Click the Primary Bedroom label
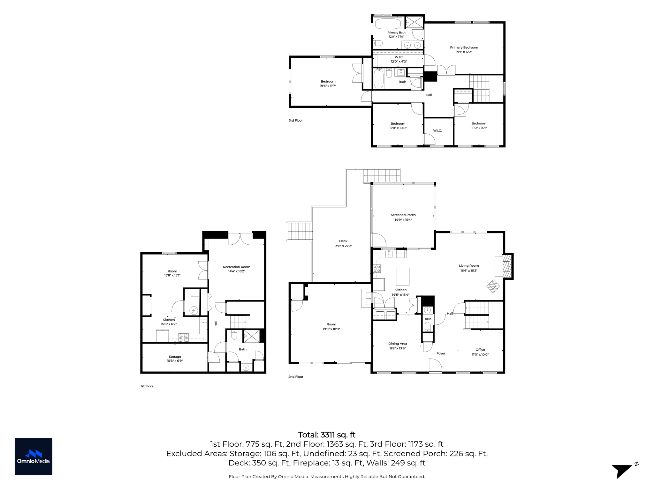(x=464, y=48)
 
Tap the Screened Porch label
(x=403, y=215)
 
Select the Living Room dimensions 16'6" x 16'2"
(x=469, y=271)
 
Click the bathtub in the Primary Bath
(x=387, y=24)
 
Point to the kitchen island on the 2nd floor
(x=403, y=277)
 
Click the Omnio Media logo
(x=34, y=457)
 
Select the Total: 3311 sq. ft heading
(x=327, y=435)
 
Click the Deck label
(x=343, y=241)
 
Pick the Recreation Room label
(x=237, y=267)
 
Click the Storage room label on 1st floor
(x=175, y=357)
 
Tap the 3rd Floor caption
(x=296, y=121)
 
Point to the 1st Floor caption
(x=147, y=386)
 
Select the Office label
(x=480, y=350)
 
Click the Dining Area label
(x=398, y=344)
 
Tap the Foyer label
(x=441, y=353)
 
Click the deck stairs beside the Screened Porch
(x=382, y=176)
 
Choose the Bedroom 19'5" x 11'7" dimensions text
(x=328, y=86)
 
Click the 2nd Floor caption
(x=296, y=377)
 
